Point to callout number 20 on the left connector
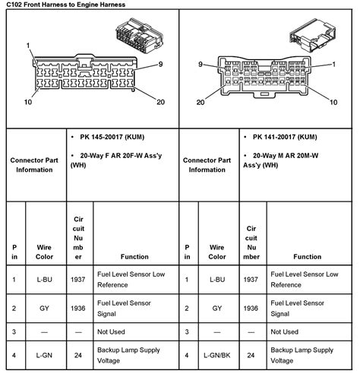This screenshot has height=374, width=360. [159, 102]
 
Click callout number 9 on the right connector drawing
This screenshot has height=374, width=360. [202, 65]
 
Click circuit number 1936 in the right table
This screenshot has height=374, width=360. [251, 309]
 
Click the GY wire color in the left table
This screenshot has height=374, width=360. [46, 309]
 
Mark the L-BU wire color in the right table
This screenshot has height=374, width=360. [217, 279]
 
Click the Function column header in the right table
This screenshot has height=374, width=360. [307, 257]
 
